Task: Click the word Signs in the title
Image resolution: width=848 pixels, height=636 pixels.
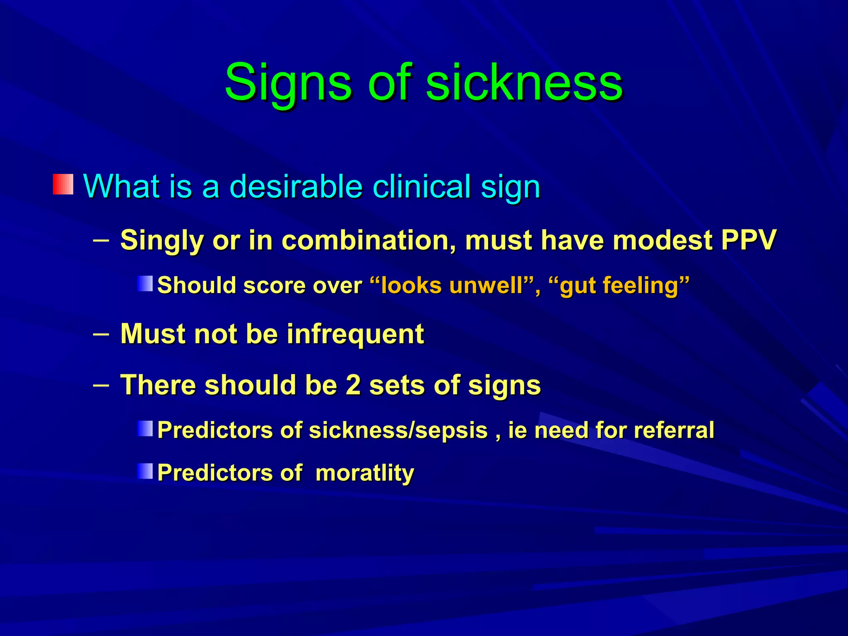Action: click(x=288, y=83)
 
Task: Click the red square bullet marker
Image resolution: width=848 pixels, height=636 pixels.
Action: click(x=63, y=185)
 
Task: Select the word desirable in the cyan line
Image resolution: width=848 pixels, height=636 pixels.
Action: click(x=296, y=186)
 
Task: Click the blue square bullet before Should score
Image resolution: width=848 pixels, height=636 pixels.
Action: click(x=145, y=284)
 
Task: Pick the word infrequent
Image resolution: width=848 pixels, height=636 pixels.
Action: click(x=355, y=334)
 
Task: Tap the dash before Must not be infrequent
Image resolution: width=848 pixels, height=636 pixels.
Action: click(x=101, y=333)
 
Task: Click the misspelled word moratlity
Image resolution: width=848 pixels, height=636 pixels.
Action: click(x=364, y=472)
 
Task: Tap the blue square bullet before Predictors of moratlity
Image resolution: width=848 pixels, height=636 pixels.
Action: click(x=145, y=471)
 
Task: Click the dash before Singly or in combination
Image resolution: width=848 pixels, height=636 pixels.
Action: click(x=101, y=239)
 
